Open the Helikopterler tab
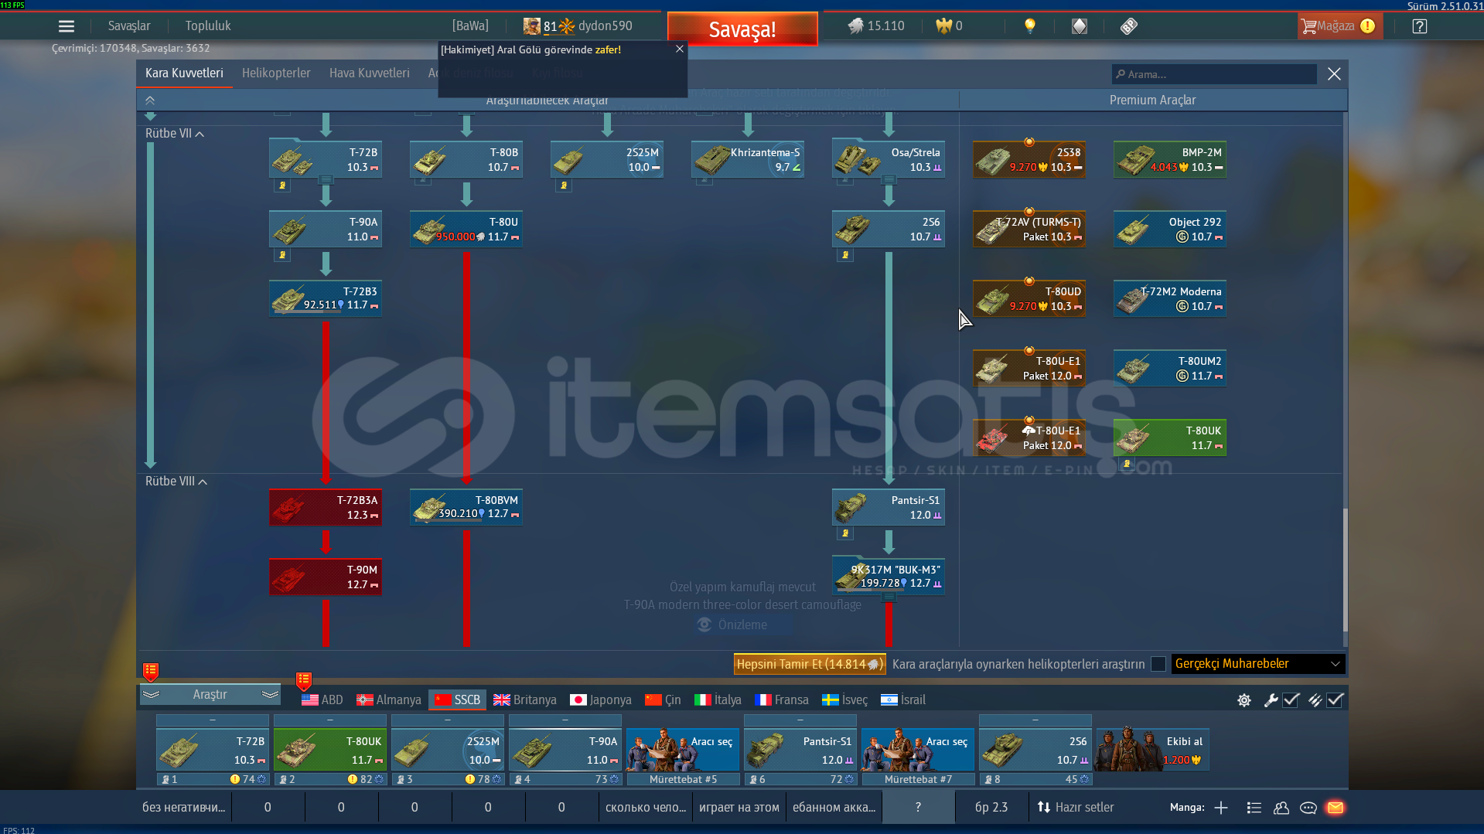tap(276, 73)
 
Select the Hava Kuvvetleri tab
tap(369, 73)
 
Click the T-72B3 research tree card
tap(326, 298)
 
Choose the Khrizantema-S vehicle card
tap(747, 159)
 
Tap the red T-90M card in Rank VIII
tap(326, 577)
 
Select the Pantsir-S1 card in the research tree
tap(888, 507)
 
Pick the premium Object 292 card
tap(1169, 229)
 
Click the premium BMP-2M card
tap(1169, 159)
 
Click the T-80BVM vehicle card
tap(466, 507)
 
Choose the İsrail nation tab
tap(902, 700)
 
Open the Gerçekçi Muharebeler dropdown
tap(1257, 664)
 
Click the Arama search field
tap(1214, 74)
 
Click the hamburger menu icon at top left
tap(67, 26)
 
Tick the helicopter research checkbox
tap(1158, 664)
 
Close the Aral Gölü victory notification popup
tap(679, 49)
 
